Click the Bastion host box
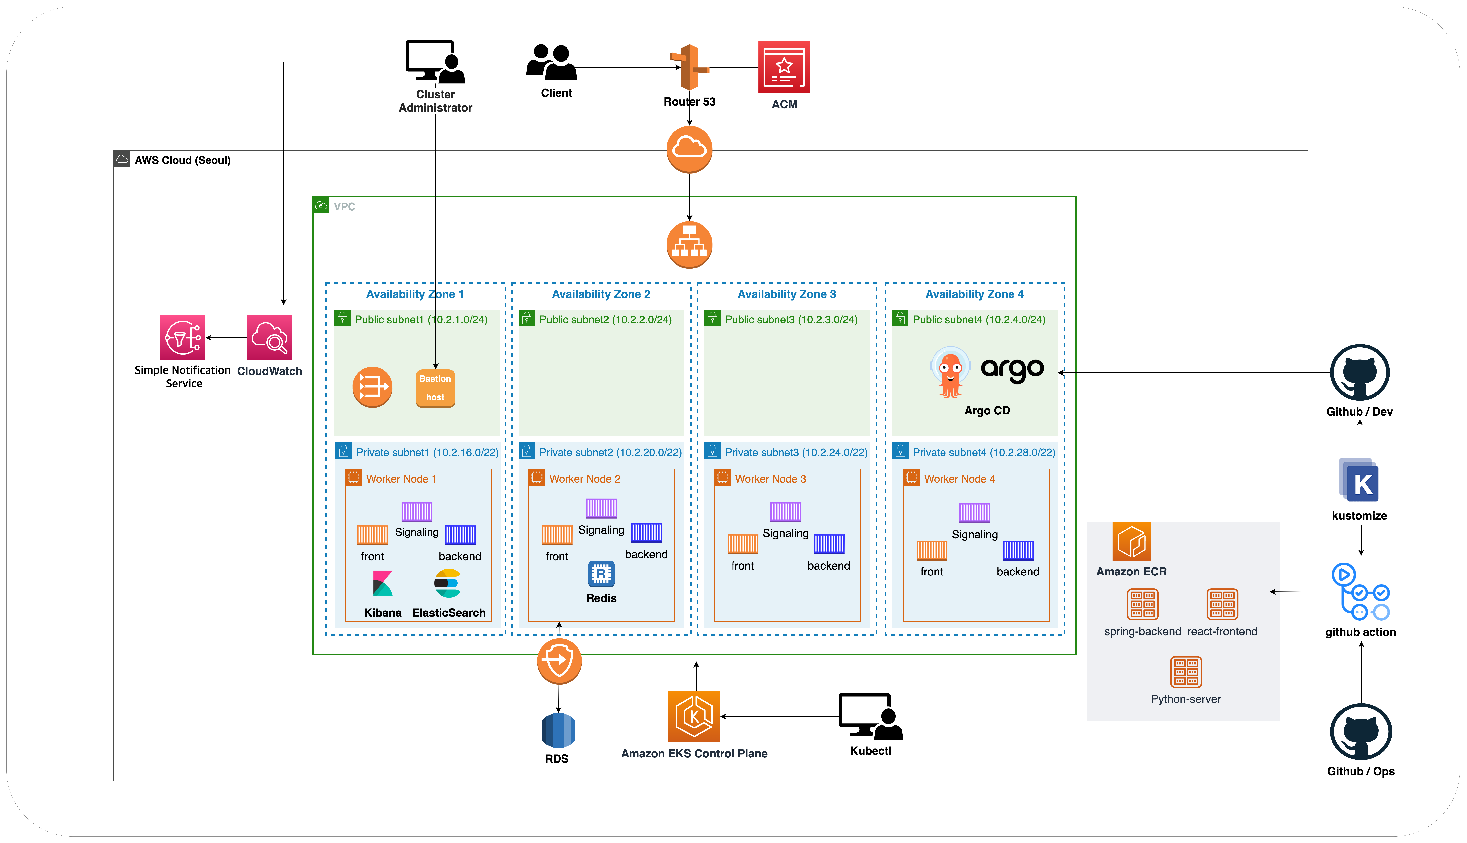(x=435, y=388)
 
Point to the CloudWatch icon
(x=270, y=338)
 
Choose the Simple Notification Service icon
(x=183, y=338)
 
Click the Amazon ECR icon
(x=1131, y=541)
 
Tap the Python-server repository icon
(x=1186, y=672)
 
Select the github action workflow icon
(x=1361, y=592)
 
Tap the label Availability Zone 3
(x=786, y=294)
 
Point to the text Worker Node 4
(x=959, y=479)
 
